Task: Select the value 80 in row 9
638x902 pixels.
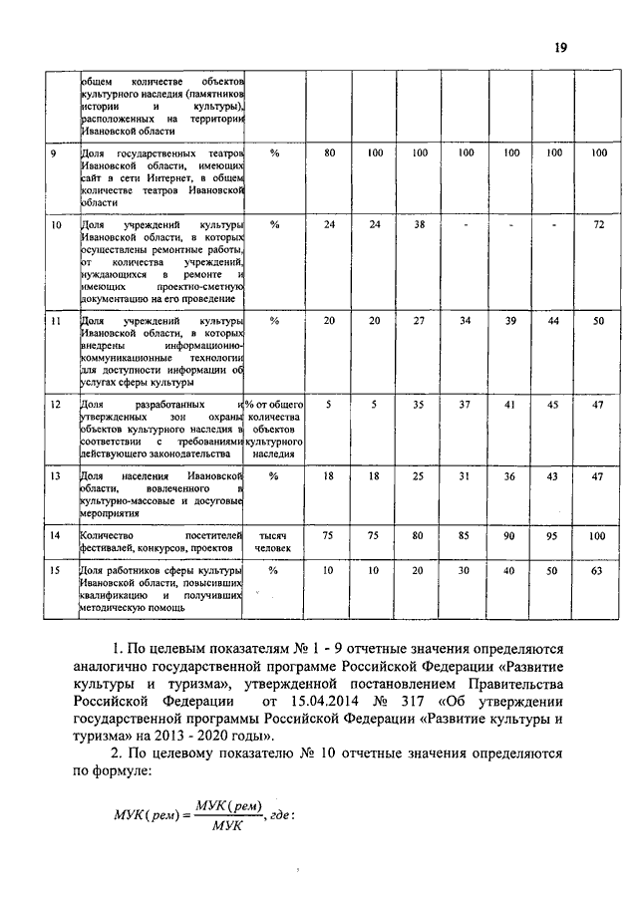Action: (x=329, y=152)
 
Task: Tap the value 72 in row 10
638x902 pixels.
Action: (x=598, y=225)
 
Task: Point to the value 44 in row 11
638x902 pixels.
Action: (x=554, y=322)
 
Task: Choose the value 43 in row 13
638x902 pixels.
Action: (x=554, y=476)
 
